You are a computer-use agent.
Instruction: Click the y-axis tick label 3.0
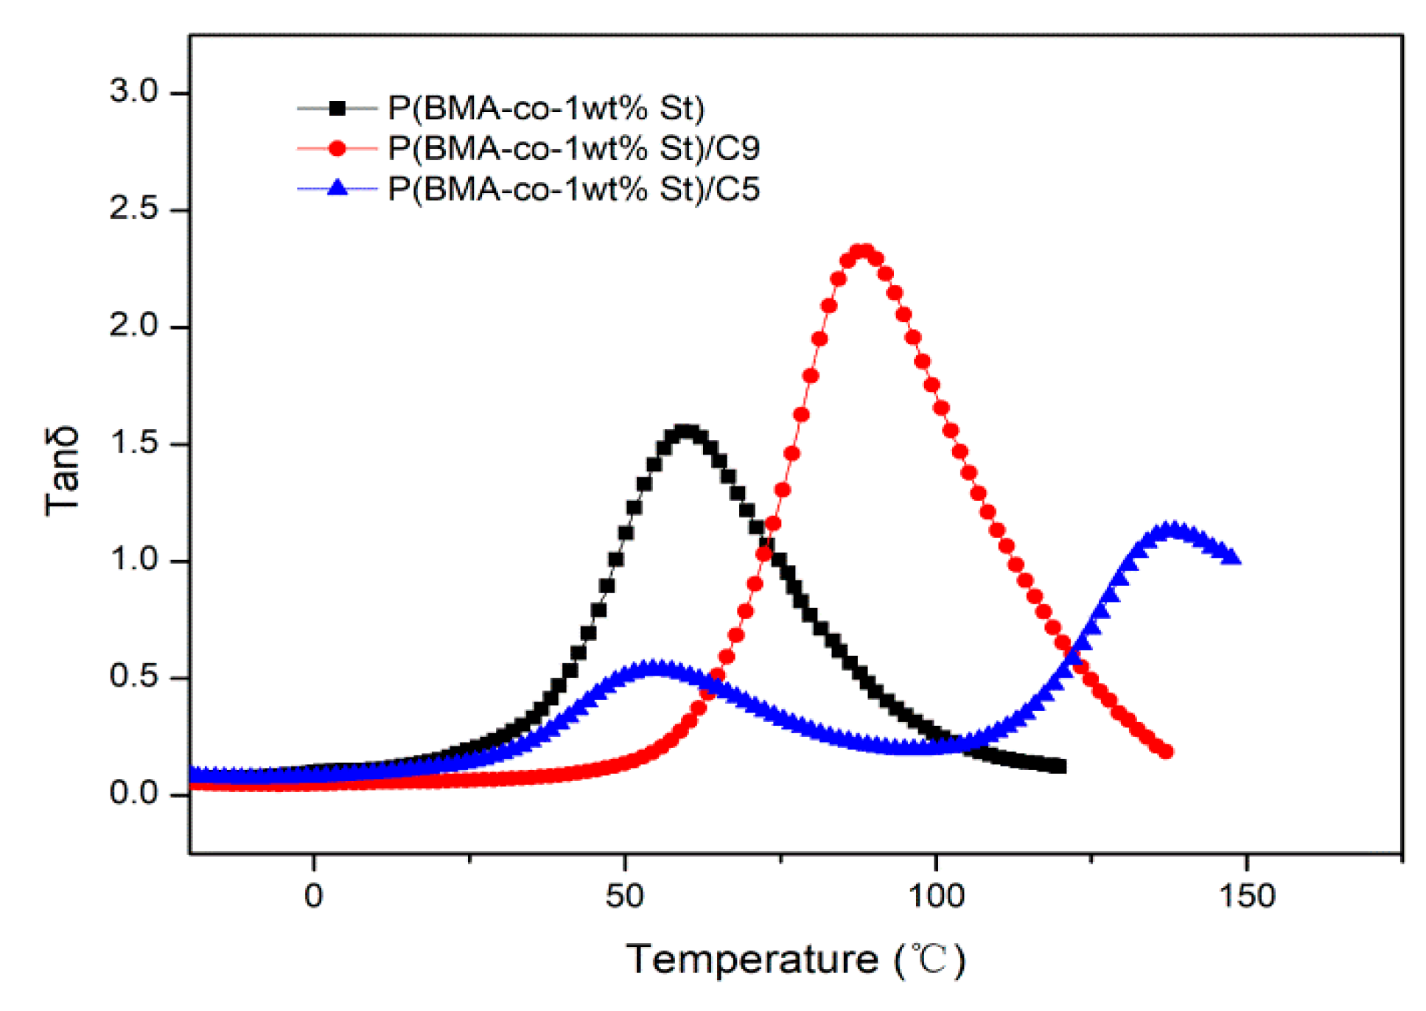click(x=133, y=92)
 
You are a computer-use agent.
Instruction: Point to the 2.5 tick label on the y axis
click(x=133, y=209)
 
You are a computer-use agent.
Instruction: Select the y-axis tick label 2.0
click(x=133, y=326)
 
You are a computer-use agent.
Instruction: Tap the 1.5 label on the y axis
click(x=133, y=443)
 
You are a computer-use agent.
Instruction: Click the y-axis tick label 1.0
click(x=133, y=559)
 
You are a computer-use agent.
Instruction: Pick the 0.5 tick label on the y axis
click(x=133, y=676)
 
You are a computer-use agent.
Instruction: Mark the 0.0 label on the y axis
click(x=133, y=794)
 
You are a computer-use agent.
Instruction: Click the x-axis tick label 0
click(x=314, y=896)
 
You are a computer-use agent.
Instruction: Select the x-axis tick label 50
click(x=625, y=896)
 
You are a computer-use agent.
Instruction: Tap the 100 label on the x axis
click(x=936, y=896)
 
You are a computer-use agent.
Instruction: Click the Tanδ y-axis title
click(x=62, y=472)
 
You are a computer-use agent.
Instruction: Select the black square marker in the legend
click(x=338, y=108)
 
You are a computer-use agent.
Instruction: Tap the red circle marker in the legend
click(x=338, y=149)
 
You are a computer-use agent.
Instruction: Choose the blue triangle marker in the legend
click(x=338, y=188)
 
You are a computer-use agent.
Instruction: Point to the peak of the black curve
click(x=686, y=432)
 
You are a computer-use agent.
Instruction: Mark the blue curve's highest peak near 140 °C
click(x=1172, y=529)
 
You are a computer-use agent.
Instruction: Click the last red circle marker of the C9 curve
click(x=1166, y=752)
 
